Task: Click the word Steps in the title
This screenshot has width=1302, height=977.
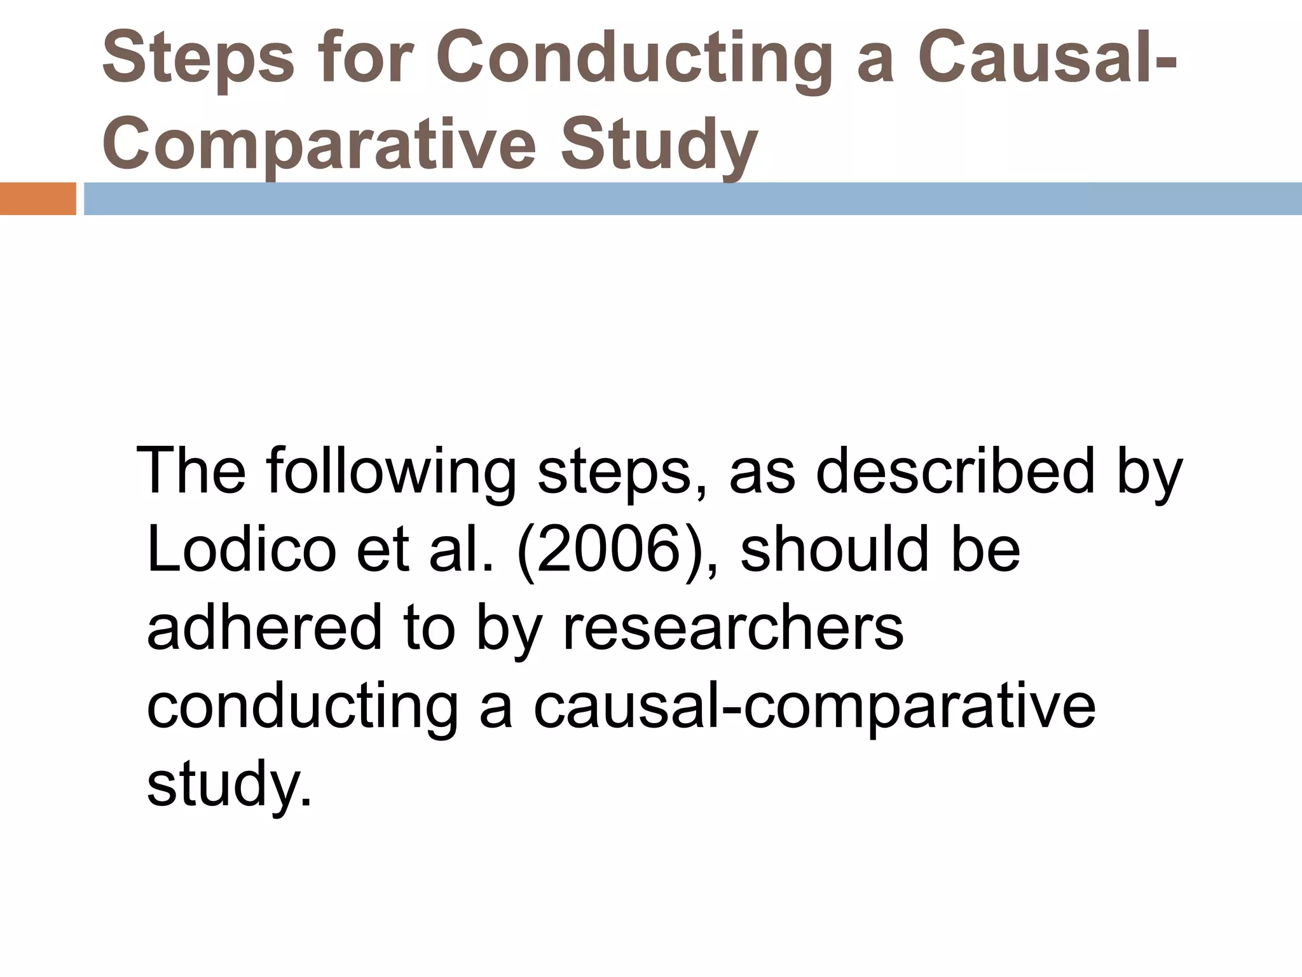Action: point(198,59)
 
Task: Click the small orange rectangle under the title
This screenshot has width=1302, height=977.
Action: point(38,198)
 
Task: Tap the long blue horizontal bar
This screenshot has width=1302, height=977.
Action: point(693,198)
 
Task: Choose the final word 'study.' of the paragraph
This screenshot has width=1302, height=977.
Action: point(230,785)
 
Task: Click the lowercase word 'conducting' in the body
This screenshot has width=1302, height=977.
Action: point(303,707)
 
